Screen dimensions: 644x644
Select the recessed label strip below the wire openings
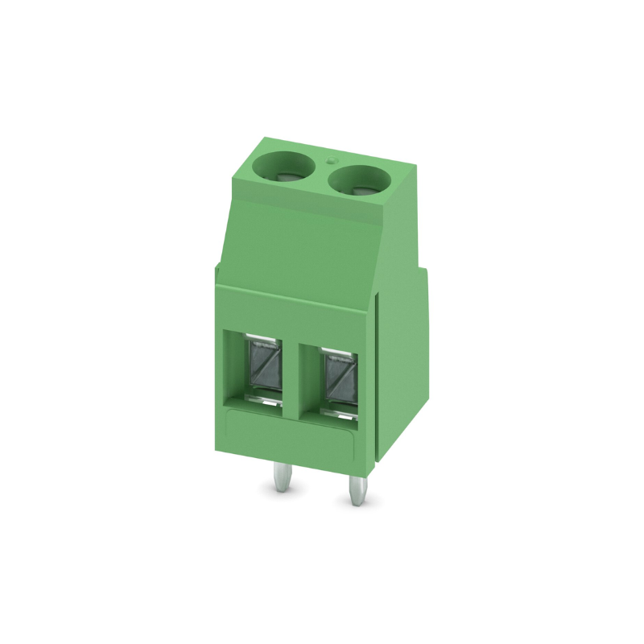[290, 431]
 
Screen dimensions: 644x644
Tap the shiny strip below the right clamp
[341, 412]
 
